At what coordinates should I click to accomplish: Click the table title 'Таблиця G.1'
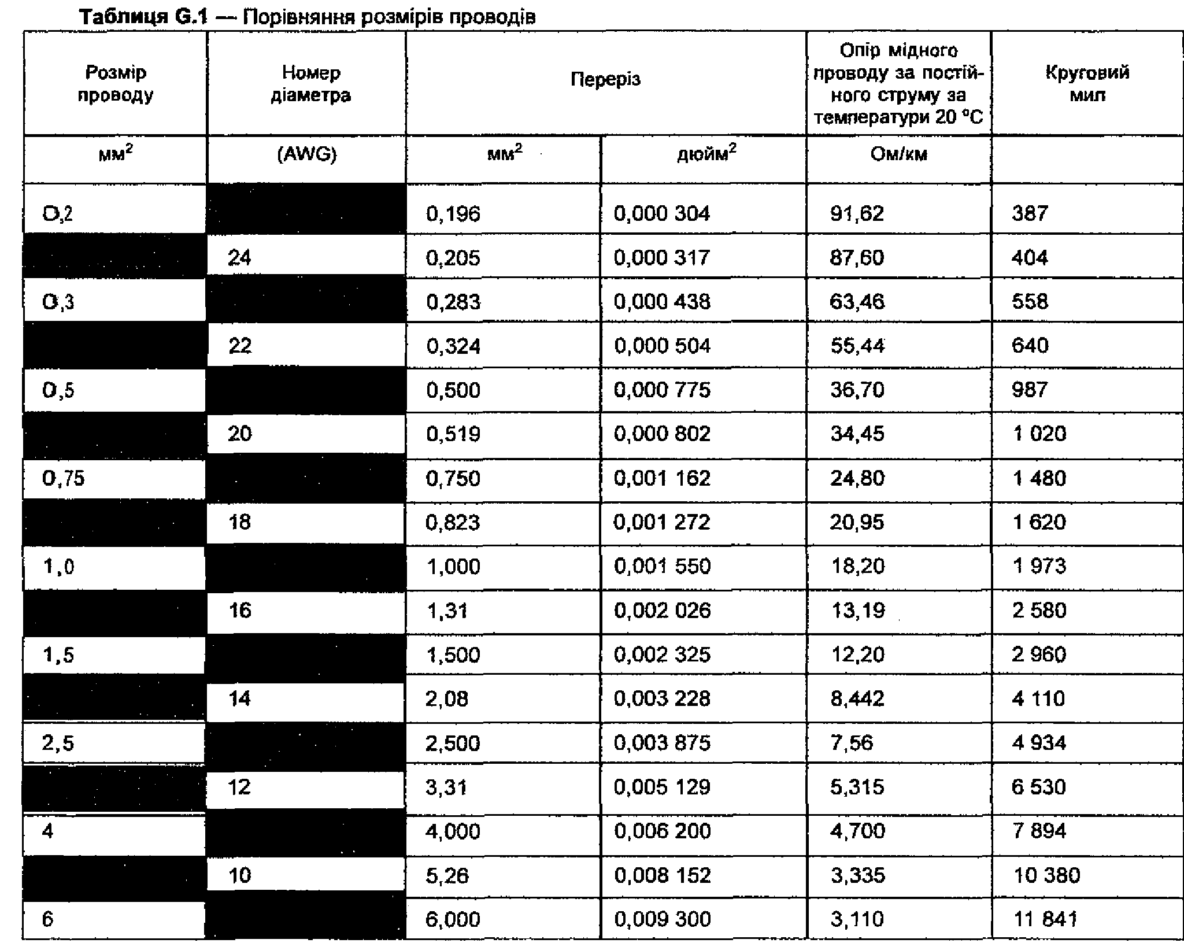[142, 17]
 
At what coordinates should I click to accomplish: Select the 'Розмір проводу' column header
[116, 84]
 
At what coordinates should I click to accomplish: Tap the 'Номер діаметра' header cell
[310, 84]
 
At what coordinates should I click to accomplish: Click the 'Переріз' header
[605, 79]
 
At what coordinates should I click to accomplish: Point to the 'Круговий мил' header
[1087, 84]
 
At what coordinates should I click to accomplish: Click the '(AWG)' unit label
[307, 154]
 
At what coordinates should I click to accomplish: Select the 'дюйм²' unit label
[706, 154]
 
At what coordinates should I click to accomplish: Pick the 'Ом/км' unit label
[898, 154]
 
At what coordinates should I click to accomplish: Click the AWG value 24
[239, 257]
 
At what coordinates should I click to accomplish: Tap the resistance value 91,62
[857, 213]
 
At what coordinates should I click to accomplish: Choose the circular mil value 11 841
[1045, 919]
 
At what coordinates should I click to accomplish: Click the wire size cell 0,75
[63, 478]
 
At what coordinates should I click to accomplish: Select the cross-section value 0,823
[453, 523]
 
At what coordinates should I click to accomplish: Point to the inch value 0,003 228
[662, 698]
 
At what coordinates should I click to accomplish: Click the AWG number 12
[239, 787]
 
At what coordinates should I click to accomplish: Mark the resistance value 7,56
[851, 742]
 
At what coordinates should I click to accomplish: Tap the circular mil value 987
[1030, 390]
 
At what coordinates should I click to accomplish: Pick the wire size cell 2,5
[58, 742]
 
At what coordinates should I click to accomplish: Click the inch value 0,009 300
[662, 919]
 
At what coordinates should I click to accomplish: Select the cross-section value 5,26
[447, 875]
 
